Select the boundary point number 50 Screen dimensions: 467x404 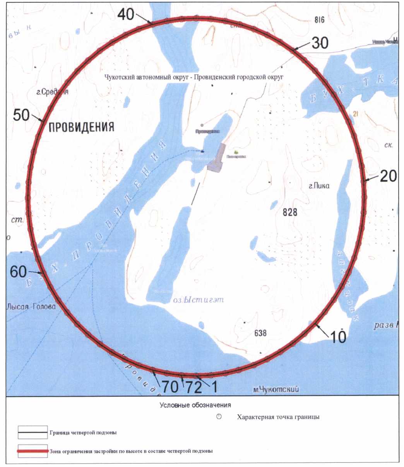click(x=42, y=121)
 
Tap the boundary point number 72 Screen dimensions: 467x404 click(x=182, y=375)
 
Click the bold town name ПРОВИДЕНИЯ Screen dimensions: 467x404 click(x=81, y=127)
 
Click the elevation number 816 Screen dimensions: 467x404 click(x=319, y=21)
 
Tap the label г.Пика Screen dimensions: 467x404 click(x=319, y=186)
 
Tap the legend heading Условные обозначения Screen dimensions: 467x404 click(x=195, y=405)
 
